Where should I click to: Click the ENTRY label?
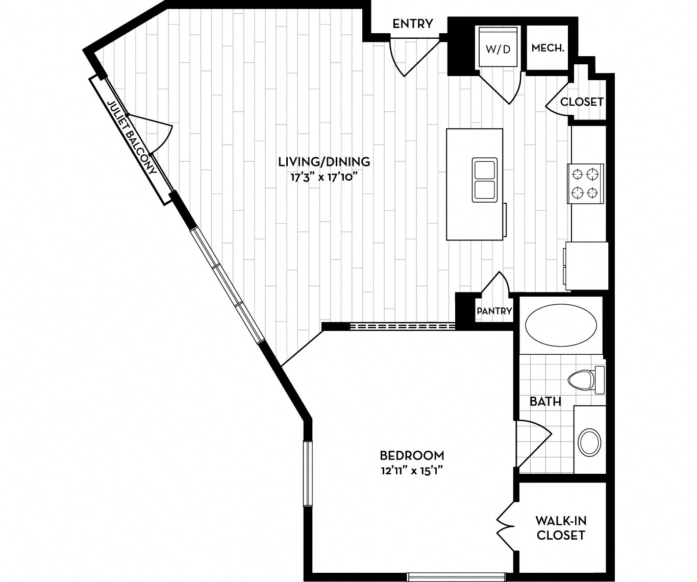[x=412, y=23]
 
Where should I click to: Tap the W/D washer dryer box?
[x=498, y=49]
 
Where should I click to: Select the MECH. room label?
[x=547, y=48]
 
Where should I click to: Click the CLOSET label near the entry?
[x=582, y=102]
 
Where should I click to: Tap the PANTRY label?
[x=494, y=311]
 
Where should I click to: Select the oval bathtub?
[x=561, y=326]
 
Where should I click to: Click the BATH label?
[x=545, y=402]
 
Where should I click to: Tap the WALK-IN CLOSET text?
[x=560, y=528]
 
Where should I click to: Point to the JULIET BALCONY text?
[x=132, y=138]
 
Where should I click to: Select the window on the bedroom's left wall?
[x=307, y=473]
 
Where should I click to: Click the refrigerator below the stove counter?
[x=587, y=265]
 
